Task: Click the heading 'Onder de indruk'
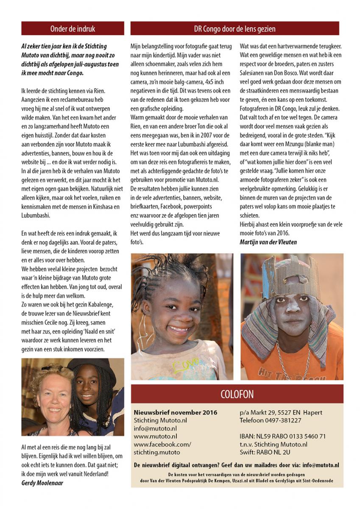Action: click(x=73, y=29)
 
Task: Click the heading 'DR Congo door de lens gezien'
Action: click(x=234, y=29)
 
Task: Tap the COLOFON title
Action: click(x=237, y=394)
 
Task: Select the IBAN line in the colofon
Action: click(x=282, y=436)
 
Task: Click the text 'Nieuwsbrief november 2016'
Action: click(x=175, y=412)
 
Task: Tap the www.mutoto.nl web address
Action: click(x=155, y=436)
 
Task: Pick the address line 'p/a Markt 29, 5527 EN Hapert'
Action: click(x=280, y=412)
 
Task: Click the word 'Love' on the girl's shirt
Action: click(x=185, y=364)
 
